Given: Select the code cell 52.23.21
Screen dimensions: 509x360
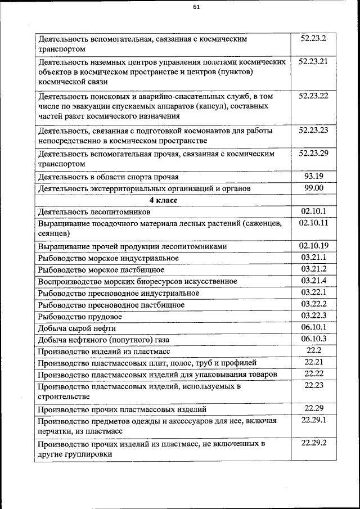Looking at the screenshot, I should tap(313, 61).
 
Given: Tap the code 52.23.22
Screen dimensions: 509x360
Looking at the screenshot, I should tap(313, 96).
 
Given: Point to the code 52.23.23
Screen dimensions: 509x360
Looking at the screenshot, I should tap(313, 130).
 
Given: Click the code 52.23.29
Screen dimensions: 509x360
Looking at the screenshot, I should tap(313, 153).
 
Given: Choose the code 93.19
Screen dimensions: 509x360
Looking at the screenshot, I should tap(313, 176).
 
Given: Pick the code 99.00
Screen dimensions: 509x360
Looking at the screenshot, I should tap(313, 188).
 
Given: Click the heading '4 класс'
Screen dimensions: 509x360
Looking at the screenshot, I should tap(163, 200).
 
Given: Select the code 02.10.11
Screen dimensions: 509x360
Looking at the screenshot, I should tap(313, 223).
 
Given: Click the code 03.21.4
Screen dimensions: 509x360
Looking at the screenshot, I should tap(313, 281).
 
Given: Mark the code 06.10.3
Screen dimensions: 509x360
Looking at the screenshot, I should tap(313, 339).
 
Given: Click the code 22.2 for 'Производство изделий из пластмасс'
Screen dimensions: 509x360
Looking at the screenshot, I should tap(313, 350).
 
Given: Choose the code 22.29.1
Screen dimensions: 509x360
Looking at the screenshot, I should tap(313, 420).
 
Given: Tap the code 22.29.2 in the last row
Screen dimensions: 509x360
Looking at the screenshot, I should tap(313, 443).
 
